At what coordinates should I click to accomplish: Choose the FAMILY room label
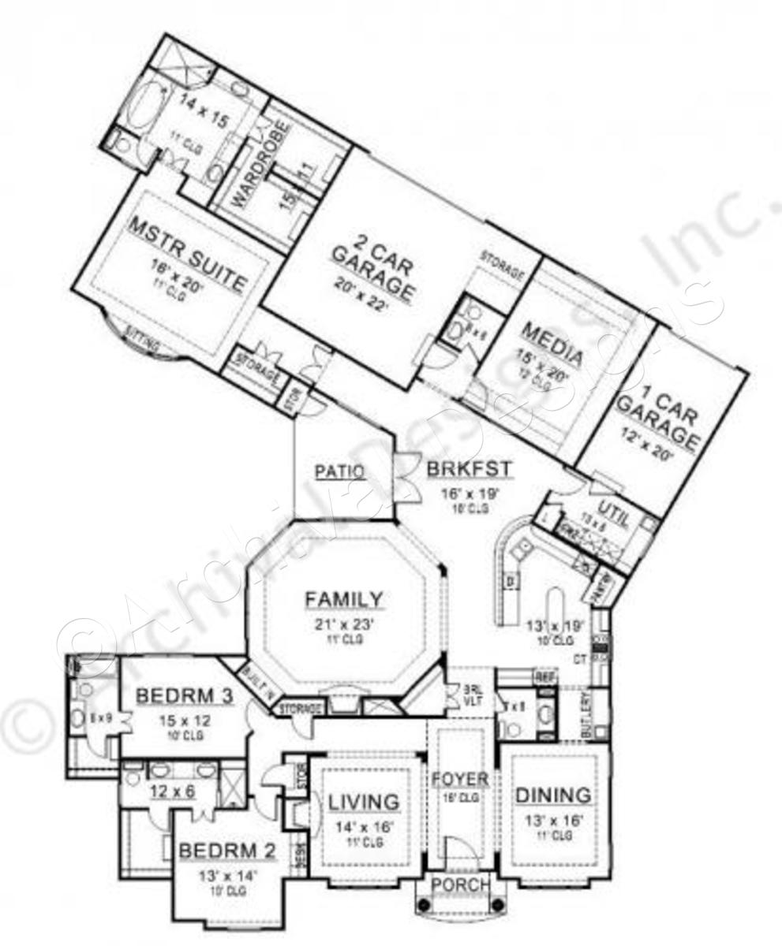pos(344,599)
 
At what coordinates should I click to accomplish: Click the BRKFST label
pos(470,470)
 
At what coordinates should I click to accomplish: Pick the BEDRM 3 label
pos(185,696)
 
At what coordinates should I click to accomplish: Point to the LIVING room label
pos(364,802)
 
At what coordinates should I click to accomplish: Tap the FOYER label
pos(460,780)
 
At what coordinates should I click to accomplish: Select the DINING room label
pos(553,795)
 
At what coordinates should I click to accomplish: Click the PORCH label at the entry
pos(461,885)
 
